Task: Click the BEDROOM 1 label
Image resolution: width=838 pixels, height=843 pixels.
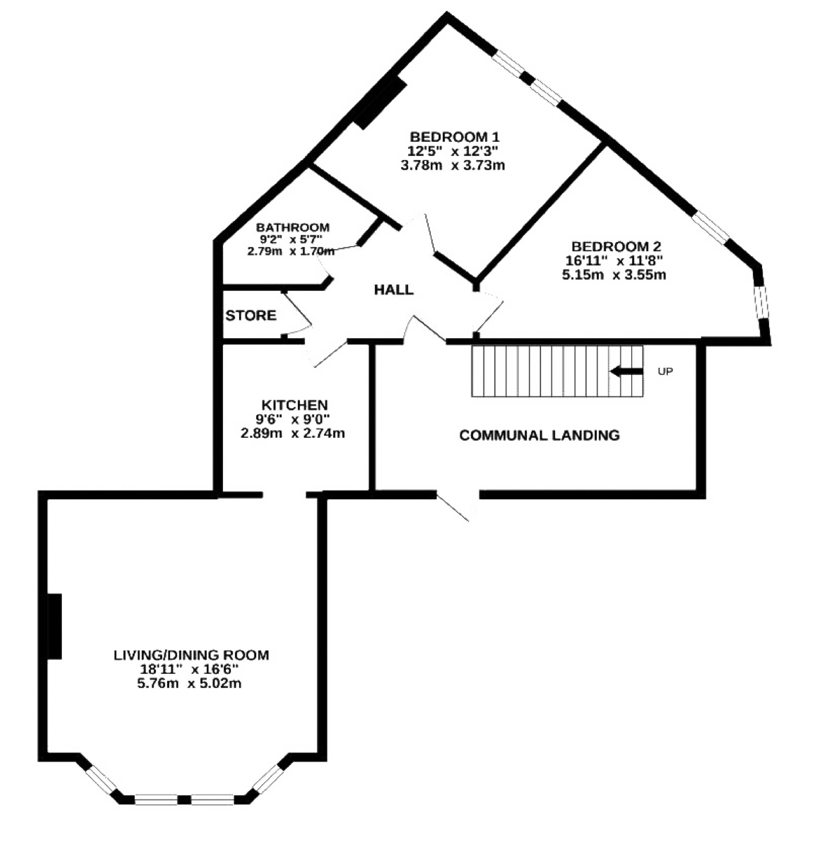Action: (454, 137)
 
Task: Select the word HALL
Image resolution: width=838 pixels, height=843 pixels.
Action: (393, 290)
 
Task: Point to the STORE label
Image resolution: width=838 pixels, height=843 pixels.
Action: (251, 316)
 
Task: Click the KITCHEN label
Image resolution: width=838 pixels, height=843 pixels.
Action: (294, 405)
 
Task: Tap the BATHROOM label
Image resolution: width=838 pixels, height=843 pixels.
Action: (293, 227)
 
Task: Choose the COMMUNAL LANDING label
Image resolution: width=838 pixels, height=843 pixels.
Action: (540, 435)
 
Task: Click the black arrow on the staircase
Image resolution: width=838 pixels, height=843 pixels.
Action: (627, 371)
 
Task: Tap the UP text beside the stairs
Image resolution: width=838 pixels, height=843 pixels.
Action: (665, 371)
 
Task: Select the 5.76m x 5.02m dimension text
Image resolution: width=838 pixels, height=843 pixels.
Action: (189, 683)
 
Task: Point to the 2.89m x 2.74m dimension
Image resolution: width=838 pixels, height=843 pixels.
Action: (293, 433)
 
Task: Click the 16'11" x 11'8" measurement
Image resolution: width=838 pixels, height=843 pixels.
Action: (614, 261)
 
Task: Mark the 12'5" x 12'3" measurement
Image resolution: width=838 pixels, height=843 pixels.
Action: (453, 151)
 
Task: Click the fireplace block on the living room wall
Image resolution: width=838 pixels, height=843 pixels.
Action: (54, 626)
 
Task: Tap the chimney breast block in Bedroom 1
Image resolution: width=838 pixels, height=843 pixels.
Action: (380, 103)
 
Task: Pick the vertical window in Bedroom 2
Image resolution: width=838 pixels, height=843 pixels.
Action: (761, 301)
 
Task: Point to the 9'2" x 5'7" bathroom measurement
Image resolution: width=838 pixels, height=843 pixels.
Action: (291, 239)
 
